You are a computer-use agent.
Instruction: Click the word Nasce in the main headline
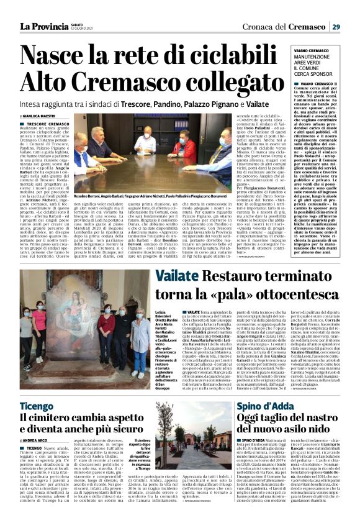61,57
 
